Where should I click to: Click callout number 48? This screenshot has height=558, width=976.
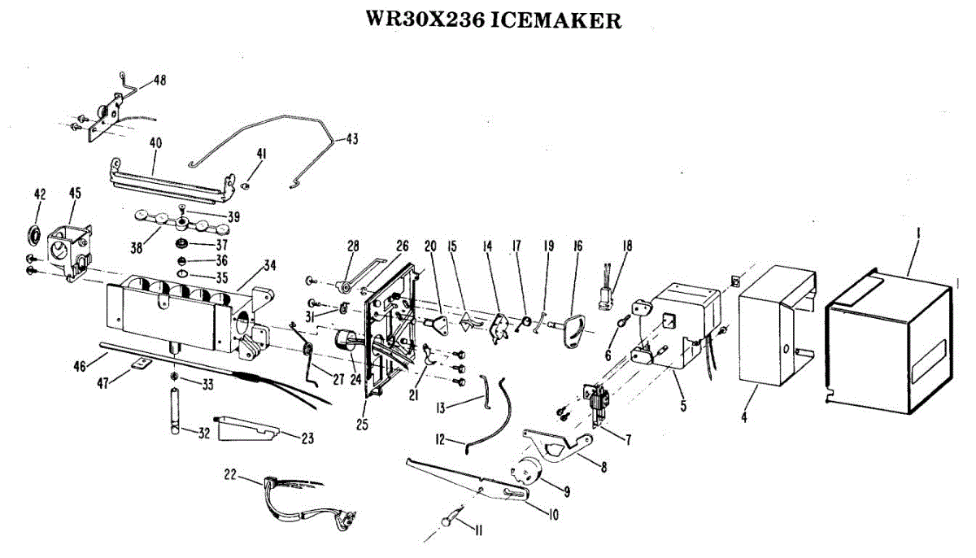pyautogui.click(x=159, y=81)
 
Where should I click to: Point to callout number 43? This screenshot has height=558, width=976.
pyautogui.click(x=351, y=139)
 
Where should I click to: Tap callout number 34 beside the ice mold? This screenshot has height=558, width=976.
pyautogui.click(x=270, y=265)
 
